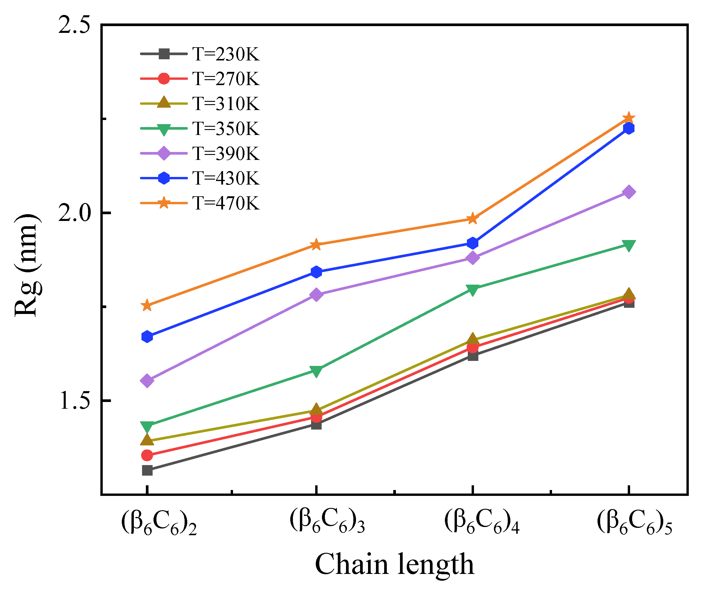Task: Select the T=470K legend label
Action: pos(226,203)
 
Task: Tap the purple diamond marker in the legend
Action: pos(164,153)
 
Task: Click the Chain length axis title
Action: pos(394,565)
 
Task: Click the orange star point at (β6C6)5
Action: pos(628,118)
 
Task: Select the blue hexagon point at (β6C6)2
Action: pos(147,337)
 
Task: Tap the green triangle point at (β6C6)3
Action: pos(316,371)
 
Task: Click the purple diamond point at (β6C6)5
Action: pos(628,192)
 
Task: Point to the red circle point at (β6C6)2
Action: pos(147,455)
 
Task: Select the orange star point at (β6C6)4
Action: pos(473,219)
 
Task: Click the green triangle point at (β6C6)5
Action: pos(628,245)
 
